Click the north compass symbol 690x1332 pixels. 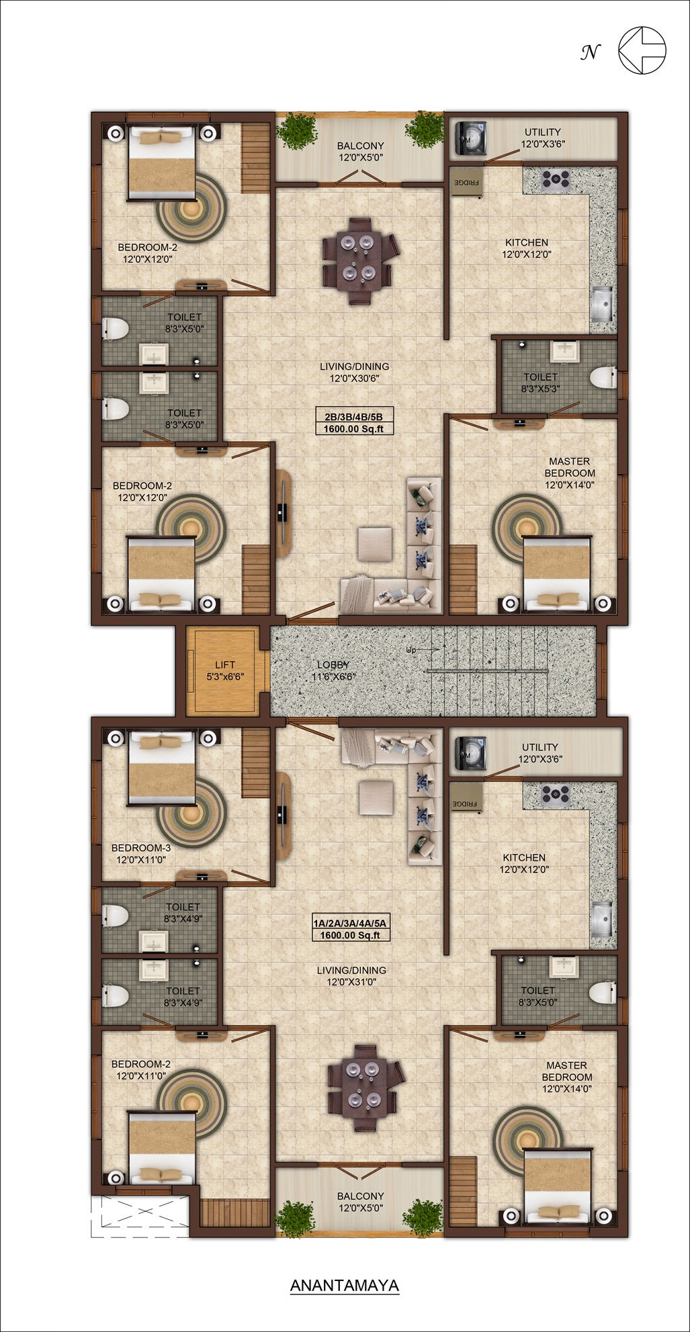point(642,50)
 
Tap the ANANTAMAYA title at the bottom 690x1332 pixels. point(345,1285)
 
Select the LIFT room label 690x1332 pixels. point(225,671)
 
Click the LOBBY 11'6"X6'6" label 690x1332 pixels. point(333,671)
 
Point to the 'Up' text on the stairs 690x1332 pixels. point(411,650)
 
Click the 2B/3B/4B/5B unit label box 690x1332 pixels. point(353,422)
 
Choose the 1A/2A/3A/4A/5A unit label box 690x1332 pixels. point(350,929)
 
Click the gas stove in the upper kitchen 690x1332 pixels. point(556,179)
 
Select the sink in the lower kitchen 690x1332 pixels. point(602,918)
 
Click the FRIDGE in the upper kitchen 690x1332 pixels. point(467,182)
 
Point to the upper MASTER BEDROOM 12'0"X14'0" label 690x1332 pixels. point(570,473)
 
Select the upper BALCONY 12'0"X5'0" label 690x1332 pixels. point(361,151)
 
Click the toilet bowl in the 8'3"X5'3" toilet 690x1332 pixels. point(603,376)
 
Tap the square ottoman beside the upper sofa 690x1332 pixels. point(374,543)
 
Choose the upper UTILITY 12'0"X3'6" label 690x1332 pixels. point(543,138)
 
